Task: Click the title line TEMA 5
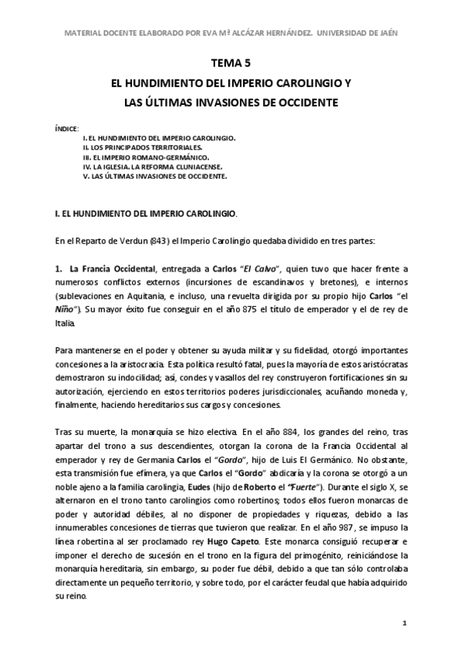tap(230, 65)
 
